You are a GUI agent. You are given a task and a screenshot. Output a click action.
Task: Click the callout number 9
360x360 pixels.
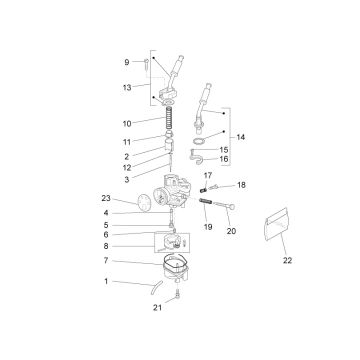tap(127, 62)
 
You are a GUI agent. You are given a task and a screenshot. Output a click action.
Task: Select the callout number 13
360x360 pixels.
tap(127, 88)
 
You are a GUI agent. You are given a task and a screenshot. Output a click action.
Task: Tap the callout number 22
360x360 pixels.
tap(287, 261)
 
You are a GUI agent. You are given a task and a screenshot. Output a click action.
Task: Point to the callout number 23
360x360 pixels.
tap(106, 198)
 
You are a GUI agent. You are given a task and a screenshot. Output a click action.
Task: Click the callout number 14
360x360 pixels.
tap(241, 137)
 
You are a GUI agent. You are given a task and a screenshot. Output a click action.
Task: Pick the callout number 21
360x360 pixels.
tap(157, 308)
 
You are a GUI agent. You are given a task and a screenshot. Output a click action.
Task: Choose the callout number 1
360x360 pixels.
tap(106, 281)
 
